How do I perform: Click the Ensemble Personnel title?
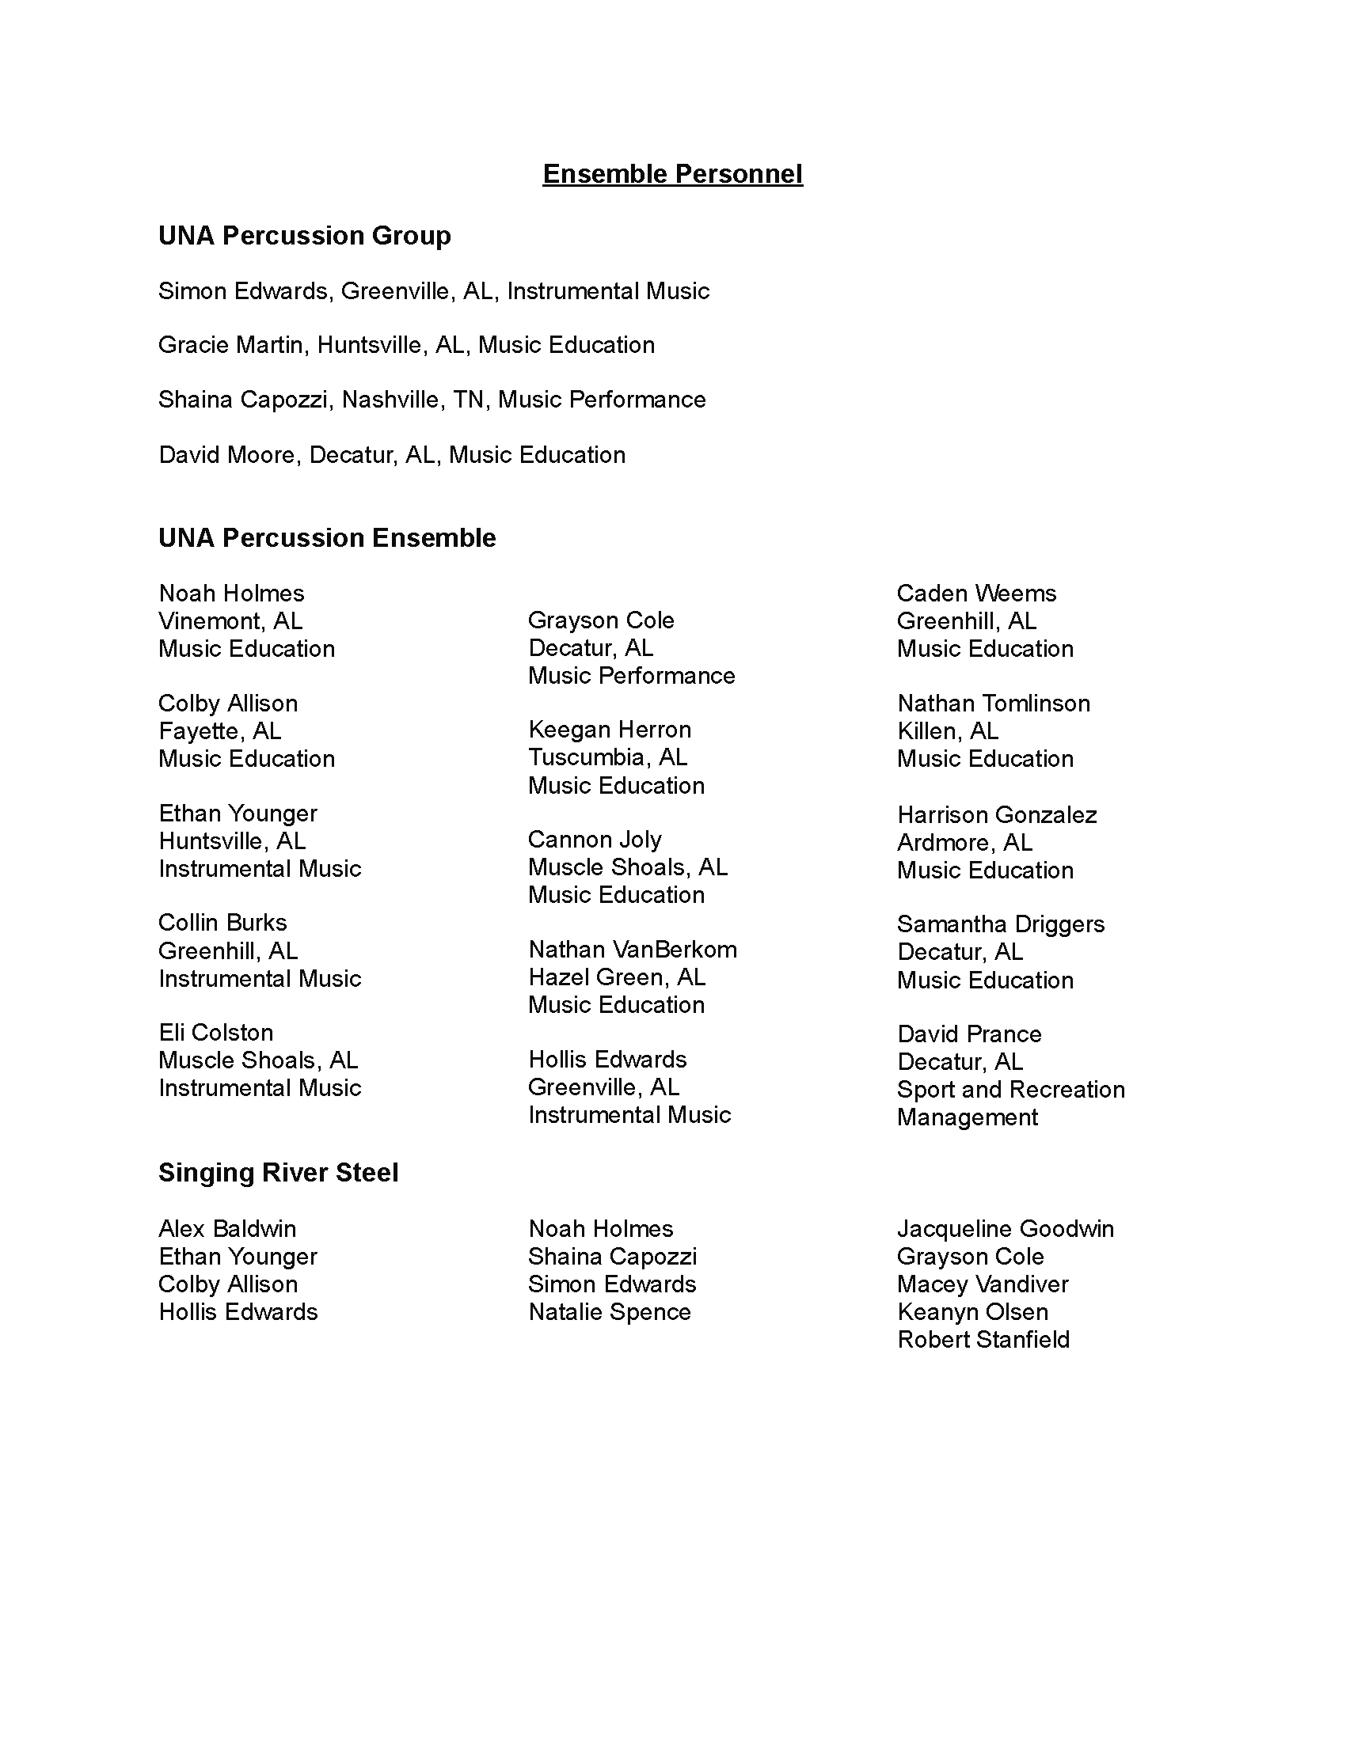point(672,174)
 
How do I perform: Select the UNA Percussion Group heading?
point(305,236)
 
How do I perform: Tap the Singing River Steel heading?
point(278,1173)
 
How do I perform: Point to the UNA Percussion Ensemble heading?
point(327,538)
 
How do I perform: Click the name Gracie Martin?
point(230,345)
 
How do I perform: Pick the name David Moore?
point(227,455)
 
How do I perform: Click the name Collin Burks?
point(222,923)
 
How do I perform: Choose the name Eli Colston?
point(215,1033)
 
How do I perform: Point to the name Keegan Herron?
point(609,730)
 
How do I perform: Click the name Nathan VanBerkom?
point(633,950)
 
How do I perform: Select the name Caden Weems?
point(976,593)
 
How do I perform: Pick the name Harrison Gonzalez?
point(997,814)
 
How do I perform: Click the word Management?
point(968,1117)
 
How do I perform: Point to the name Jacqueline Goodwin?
point(1006,1228)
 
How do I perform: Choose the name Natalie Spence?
point(609,1312)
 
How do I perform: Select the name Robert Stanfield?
point(983,1339)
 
